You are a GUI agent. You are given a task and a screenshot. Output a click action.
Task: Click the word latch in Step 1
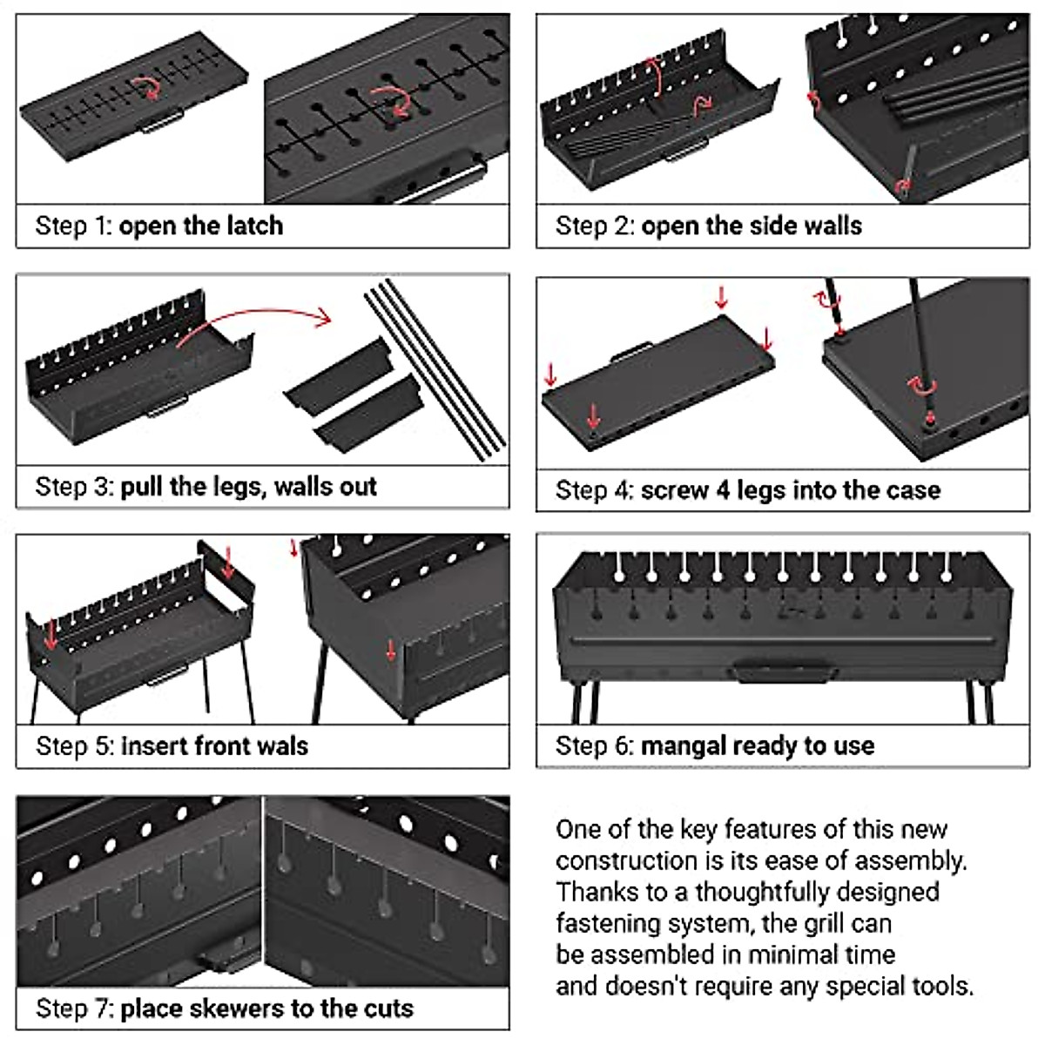(x=255, y=226)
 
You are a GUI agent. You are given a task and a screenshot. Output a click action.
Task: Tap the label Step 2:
(x=595, y=226)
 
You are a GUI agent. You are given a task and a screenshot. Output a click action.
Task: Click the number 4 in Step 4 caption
(x=724, y=490)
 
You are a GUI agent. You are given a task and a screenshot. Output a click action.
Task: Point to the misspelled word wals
(x=282, y=746)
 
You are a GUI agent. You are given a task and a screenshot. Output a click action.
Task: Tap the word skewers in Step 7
(x=237, y=1008)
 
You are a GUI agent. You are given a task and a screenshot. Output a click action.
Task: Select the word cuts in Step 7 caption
(x=388, y=1008)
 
